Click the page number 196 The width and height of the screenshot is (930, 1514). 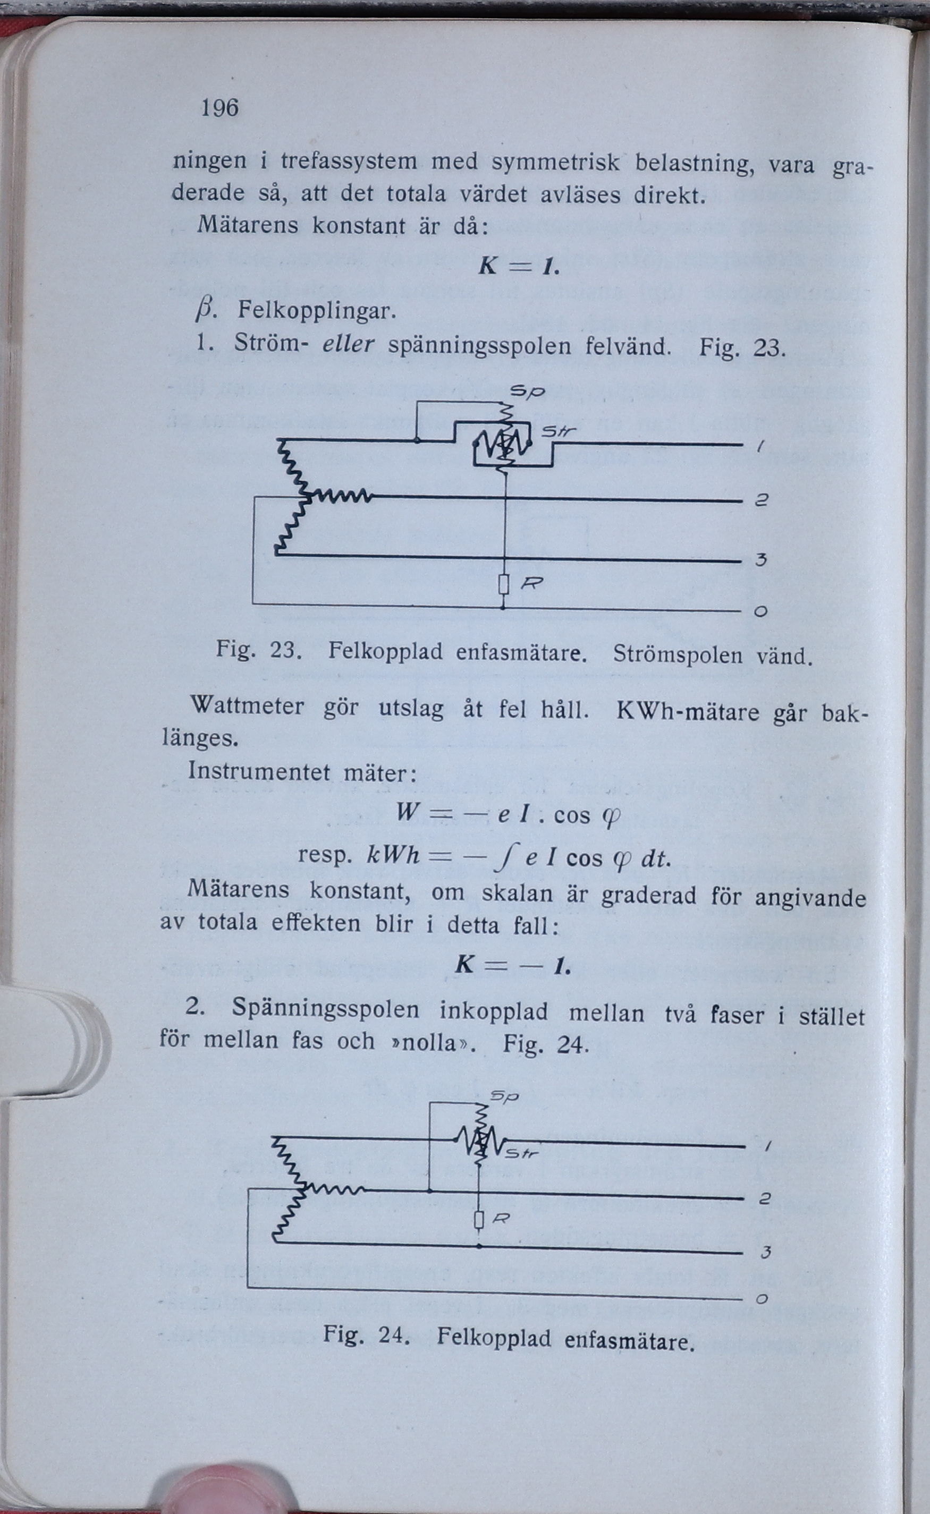click(x=219, y=108)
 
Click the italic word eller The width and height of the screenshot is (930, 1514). click(x=348, y=344)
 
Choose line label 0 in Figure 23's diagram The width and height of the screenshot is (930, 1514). click(x=762, y=611)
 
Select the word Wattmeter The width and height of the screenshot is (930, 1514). click(x=247, y=705)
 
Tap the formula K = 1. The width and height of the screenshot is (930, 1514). click(x=518, y=266)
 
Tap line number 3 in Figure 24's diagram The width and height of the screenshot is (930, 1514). click(x=765, y=1252)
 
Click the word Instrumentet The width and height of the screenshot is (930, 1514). click(x=259, y=771)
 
